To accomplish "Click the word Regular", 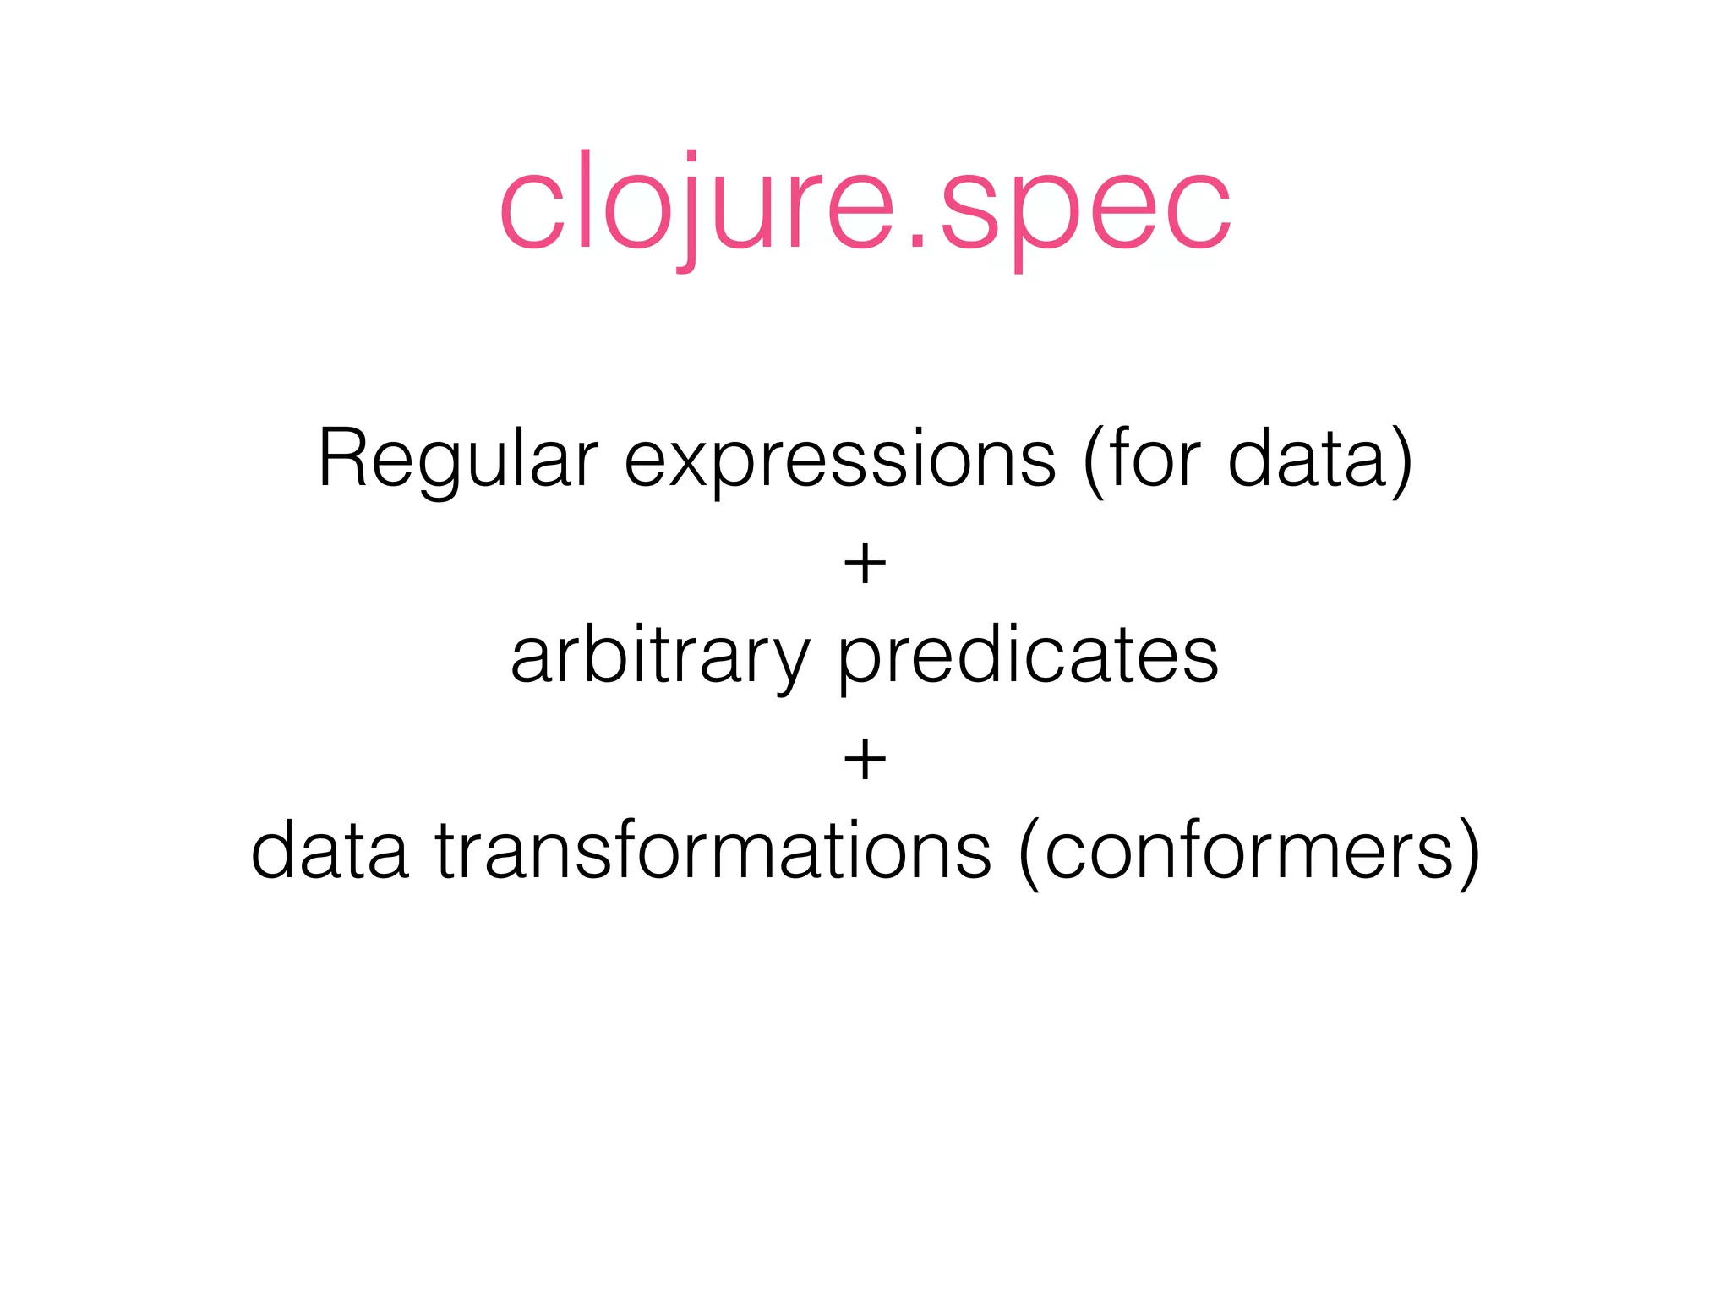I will click(x=457, y=461).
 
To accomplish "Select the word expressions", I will click(x=839, y=461).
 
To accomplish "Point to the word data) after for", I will click(x=1319, y=461).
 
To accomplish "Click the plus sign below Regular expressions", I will click(x=865, y=564).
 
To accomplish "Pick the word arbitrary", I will click(x=659, y=657).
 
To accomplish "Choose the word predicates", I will click(x=1028, y=657).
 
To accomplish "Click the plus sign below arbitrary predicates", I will click(x=865, y=759).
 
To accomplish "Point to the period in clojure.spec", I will click(x=918, y=244).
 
